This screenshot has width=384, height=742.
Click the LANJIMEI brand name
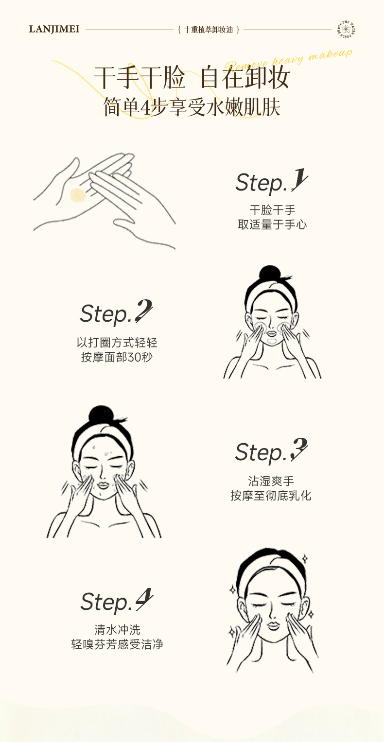point(54,30)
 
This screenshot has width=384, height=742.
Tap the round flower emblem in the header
point(347,29)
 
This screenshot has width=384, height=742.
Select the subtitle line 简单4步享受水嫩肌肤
point(192,107)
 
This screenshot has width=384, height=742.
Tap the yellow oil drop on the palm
point(78,195)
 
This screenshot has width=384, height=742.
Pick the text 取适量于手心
point(272,224)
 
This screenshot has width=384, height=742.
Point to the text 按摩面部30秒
point(117,358)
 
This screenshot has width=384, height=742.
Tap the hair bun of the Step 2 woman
point(271,275)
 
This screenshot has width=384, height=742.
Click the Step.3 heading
point(271,451)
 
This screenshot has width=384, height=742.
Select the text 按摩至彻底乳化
point(271,496)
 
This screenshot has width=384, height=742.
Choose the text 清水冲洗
point(117,630)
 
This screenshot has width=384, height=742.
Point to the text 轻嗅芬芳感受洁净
point(117,645)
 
